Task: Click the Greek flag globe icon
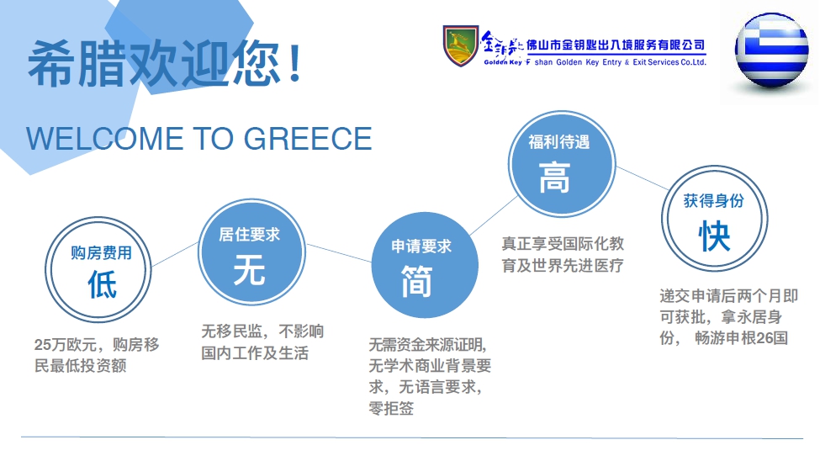(772, 50)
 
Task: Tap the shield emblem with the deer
(461, 46)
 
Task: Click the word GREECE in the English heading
(308, 139)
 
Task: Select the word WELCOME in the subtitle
(104, 139)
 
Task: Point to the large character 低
(102, 284)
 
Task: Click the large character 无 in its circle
(250, 270)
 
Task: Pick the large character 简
(417, 281)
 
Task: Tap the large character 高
(554, 178)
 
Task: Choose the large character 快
(714, 236)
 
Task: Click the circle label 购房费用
(102, 252)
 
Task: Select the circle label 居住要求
(250, 235)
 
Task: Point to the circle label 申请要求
(421, 246)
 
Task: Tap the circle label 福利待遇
(559, 142)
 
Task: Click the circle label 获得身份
(714, 200)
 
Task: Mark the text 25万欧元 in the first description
(66, 344)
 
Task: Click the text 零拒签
(391, 408)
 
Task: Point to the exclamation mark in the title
(294, 63)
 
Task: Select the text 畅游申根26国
(741, 338)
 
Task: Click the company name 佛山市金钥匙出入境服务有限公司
(616, 45)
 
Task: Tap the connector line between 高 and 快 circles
(643, 178)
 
